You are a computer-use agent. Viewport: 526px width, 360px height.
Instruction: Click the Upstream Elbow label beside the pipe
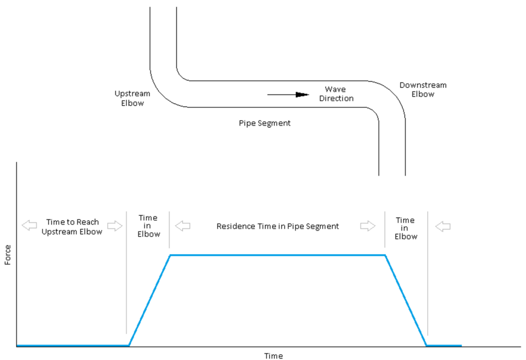point(133,98)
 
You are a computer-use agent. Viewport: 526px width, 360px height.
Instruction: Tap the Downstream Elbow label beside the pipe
point(423,89)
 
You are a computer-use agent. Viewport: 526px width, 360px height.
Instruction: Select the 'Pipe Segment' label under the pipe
point(265,123)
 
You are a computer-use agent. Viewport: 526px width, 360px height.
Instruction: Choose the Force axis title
point(8,254)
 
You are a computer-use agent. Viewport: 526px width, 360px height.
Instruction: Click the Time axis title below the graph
point(273,355)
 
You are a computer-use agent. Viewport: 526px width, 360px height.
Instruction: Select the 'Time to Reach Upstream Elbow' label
point(72,226)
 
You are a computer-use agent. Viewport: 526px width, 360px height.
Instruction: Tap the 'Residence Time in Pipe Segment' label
point(277,226)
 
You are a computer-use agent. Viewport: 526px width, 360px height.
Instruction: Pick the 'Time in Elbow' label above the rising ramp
point(148,226)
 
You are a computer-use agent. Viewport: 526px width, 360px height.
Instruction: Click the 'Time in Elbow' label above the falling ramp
point(406,228)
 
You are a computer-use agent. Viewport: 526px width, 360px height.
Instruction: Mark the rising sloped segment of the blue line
point(149,300)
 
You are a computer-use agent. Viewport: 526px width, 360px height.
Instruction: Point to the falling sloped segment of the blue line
point(406,300)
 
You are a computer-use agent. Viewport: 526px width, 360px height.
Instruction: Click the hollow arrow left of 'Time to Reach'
point(29,225)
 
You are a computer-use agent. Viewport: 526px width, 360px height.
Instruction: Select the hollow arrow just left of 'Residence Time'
point(182,226)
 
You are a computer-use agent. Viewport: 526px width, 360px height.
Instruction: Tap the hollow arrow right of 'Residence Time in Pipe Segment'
point(368,226)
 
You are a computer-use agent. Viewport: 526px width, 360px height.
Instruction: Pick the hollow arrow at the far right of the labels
point(443,226)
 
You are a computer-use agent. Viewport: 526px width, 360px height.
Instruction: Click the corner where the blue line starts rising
point(129,345)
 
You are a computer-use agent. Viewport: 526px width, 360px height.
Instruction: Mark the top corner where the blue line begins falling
point(385,255)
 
